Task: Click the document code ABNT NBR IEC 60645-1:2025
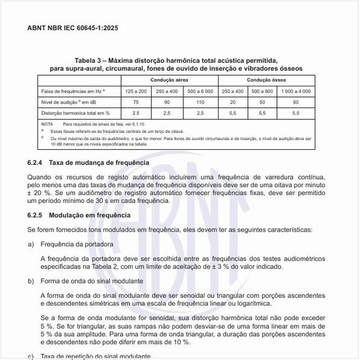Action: pyautogui.click(x=72, y=29)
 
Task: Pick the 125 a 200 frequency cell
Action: pyautogui.click(x=135, y=90)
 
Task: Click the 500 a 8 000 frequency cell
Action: pyautogui.click(x=200, y=90)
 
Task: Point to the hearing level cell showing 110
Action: pyautogui.click(x=200, y=102)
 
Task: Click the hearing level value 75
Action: pyautogui.click(x=135, y=102)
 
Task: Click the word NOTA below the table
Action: pyautogui.click(x=47, y=124)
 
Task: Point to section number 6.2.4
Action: pyautogui.click(x=35, y=162)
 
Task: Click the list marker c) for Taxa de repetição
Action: pyautogui.click(x=31, y=356)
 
